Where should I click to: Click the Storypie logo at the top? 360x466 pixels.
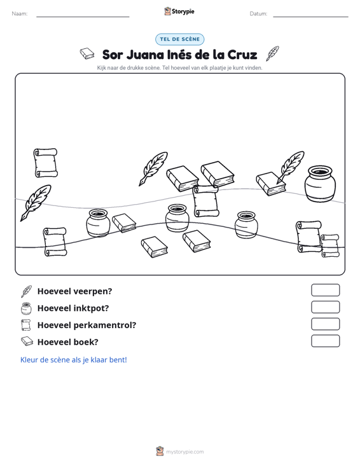click(x=179, y=11)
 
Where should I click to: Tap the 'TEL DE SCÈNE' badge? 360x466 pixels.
click(x=179, y=39)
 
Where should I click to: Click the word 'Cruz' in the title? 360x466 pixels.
click(x=242, y=55)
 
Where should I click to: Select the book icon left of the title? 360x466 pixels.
click(x=87, y=53)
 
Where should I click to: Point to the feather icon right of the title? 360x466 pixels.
click(x=272, y=53)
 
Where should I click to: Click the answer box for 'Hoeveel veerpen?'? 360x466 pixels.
click(x=325, y=290)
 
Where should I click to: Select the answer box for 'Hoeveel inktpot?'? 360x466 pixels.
click(x=325, y=307)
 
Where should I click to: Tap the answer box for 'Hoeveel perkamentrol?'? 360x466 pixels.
click(x=325, y=324)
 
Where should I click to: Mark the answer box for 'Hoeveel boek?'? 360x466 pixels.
click(x=325, y=341)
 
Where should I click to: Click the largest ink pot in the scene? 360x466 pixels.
click(x=320, y=184)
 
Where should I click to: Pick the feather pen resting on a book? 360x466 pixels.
click(x=290, y=167)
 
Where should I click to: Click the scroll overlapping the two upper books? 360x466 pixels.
click(x=205, y=201)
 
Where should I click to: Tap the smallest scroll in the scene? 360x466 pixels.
click(x=329, y=246)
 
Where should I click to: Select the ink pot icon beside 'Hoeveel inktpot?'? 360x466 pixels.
click(x=26, y=308)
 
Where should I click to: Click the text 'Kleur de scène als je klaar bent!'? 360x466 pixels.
click(x=73, y=360)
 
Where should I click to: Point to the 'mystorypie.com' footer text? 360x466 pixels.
click(x=185, y=452)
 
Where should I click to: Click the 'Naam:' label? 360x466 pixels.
click(x=20, y=14)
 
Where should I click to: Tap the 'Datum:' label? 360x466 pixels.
click(x=258, y=14)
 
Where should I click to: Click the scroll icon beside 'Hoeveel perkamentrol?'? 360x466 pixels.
click(x=26, y=325)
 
